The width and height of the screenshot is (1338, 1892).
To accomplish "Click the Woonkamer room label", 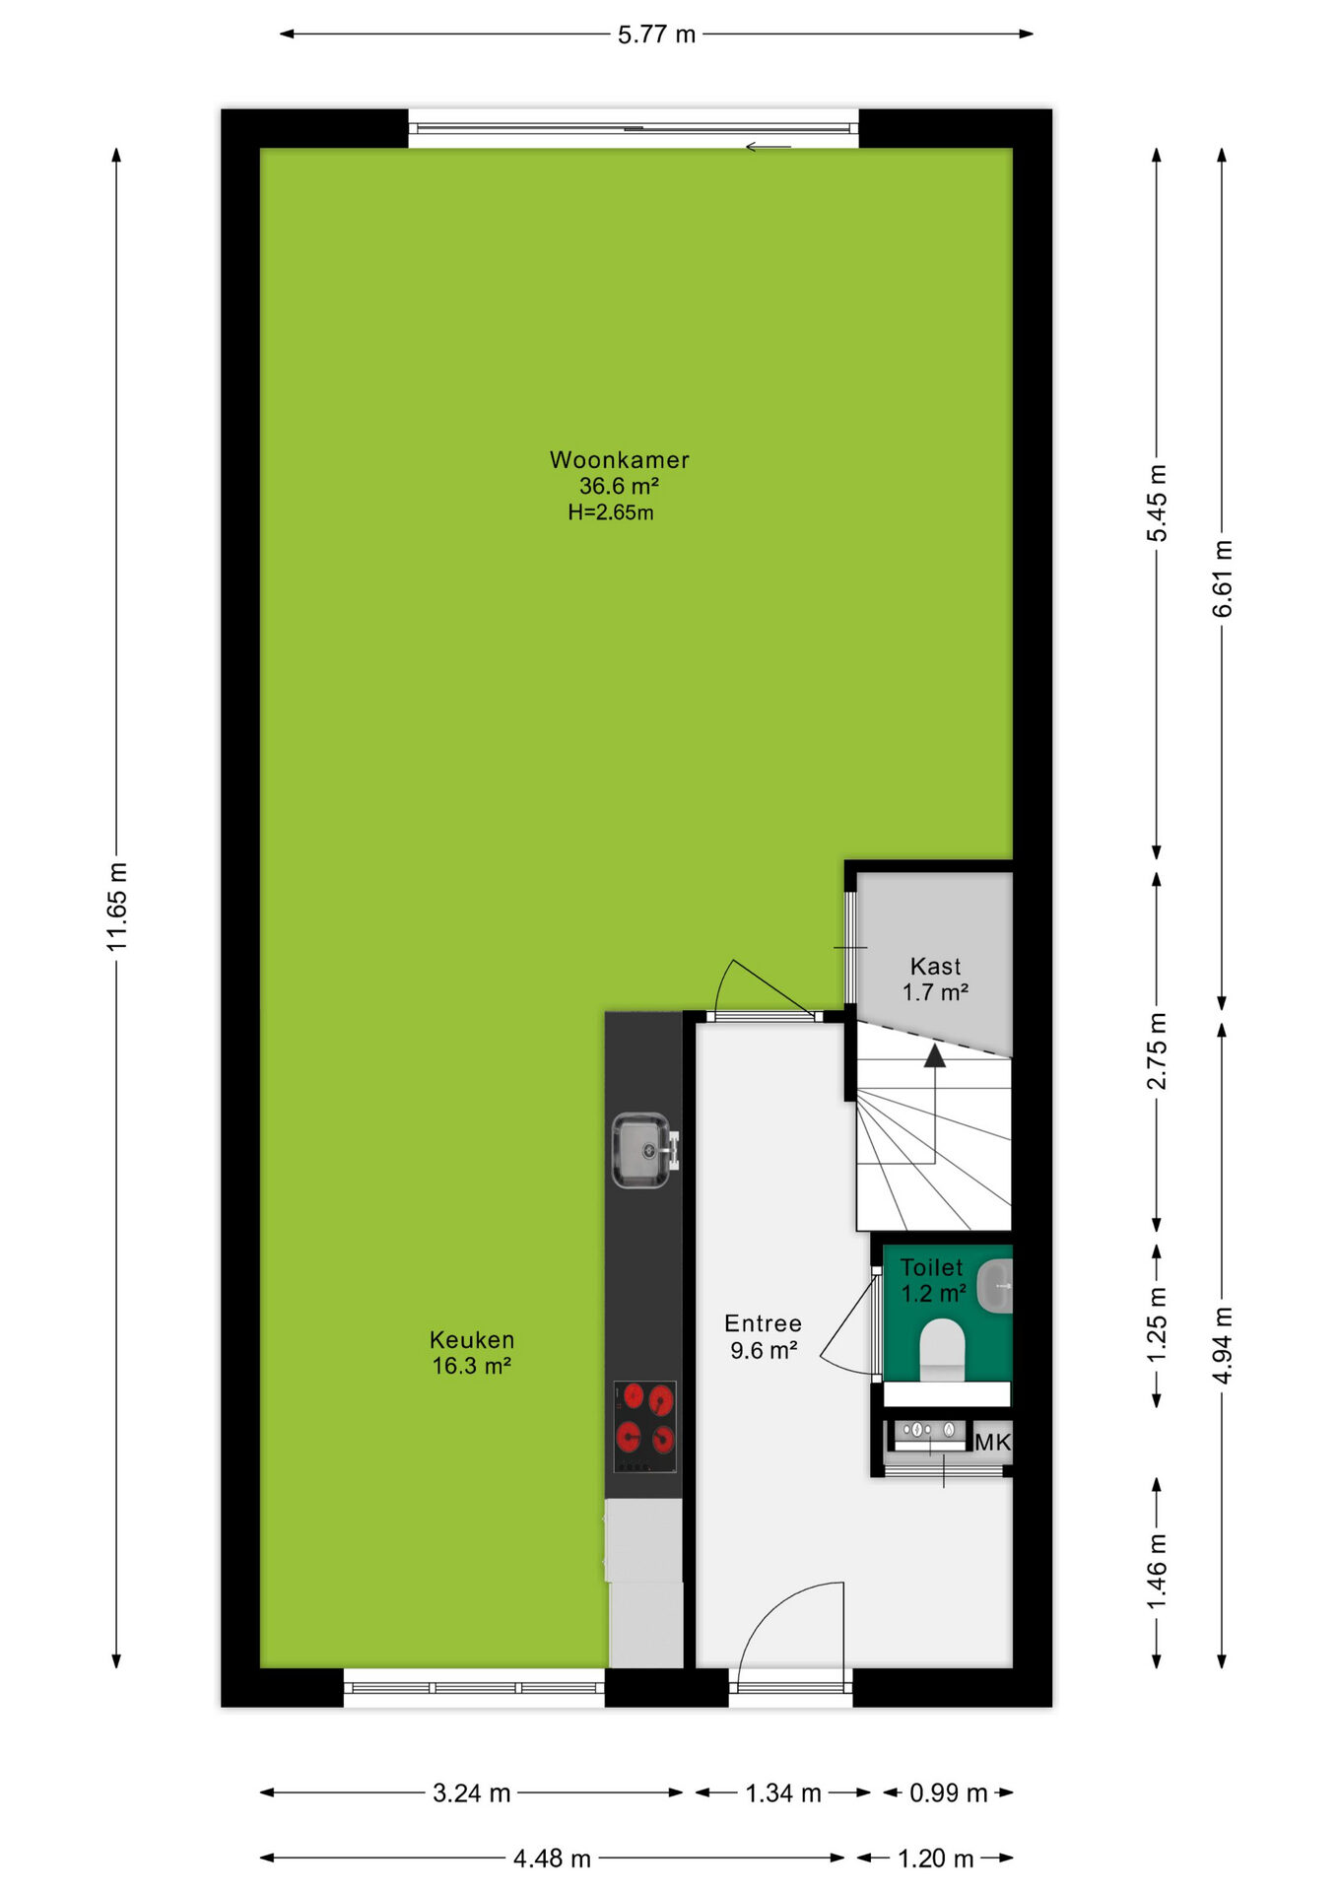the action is [x=619, y=460].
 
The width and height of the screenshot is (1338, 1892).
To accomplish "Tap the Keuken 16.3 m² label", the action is [x=471, y=1353].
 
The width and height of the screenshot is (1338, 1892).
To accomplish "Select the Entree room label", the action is [x=763, y=1323].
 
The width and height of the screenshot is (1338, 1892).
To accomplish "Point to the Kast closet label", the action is [x=935, y=967].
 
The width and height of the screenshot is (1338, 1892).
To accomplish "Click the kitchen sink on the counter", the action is [x=642, y=1150].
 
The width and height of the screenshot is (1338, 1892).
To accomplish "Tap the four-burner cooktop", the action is [x=645, y=1427].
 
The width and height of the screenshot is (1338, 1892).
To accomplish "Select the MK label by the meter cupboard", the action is [x=992, y=1443].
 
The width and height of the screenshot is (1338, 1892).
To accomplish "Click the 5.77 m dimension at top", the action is [x=656, y=34].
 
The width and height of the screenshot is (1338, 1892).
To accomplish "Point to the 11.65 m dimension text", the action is [x=117, y=907].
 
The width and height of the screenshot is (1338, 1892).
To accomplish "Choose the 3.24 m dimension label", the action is [x=471, y=1793].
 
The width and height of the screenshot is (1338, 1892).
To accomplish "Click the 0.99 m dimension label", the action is [x=948, y=1793].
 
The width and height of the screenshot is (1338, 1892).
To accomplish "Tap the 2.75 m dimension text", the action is [x=1157, y=1050].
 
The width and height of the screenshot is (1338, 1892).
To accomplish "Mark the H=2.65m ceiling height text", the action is [x=610, y=512].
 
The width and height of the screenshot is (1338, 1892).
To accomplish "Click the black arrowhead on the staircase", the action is [x=935, y=1056].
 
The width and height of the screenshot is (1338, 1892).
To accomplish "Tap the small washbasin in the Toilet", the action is [x=995, y=1285].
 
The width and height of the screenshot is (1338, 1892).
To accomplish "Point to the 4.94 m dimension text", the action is [x=1222, y=1345].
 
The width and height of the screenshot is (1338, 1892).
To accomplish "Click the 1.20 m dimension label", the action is [x=935, y=1859].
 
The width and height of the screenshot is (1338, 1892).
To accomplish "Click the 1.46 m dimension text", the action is [x=1157, y=1572].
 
